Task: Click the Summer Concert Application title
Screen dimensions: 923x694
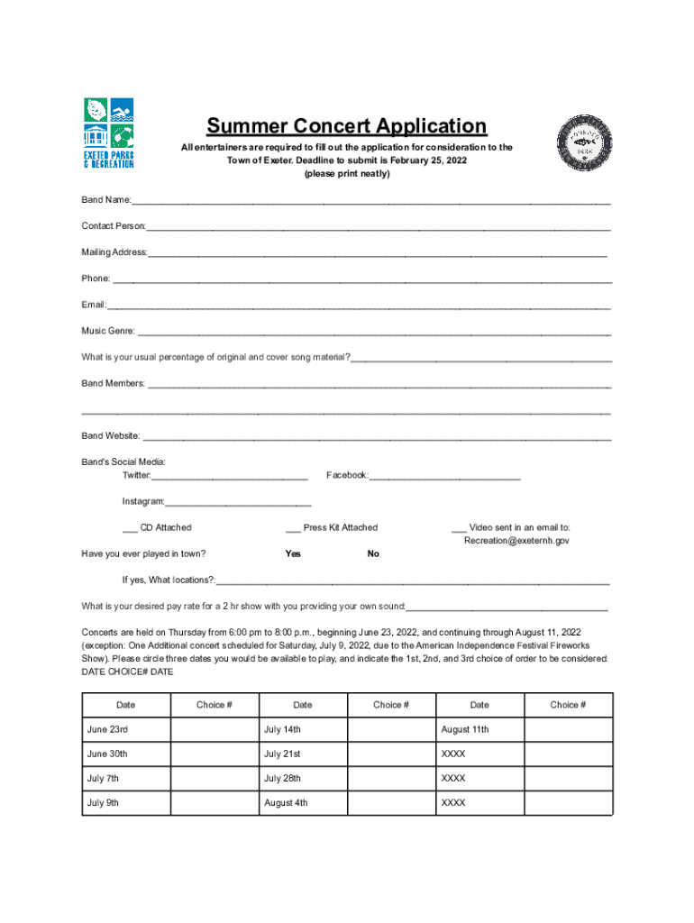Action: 346,126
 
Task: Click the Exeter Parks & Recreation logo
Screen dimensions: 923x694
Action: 108,133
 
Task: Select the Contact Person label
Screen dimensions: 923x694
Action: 114,225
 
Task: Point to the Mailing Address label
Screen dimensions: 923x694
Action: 114,252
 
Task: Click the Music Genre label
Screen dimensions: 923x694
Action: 107,331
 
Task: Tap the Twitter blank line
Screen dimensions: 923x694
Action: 230,477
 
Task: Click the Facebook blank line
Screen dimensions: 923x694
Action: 445,477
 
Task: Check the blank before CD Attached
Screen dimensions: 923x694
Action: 131,529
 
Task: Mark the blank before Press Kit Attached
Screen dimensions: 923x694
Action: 293,529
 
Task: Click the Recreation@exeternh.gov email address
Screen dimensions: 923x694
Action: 516,541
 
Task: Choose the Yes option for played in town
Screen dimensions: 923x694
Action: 293,553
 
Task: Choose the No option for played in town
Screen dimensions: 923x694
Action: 373,553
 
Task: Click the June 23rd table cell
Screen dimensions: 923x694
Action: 126,729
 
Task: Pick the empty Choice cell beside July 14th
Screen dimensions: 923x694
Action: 391,729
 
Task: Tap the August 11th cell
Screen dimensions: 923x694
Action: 479,729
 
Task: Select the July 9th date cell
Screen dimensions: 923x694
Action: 126,802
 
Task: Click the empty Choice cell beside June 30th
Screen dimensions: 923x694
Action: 215,754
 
